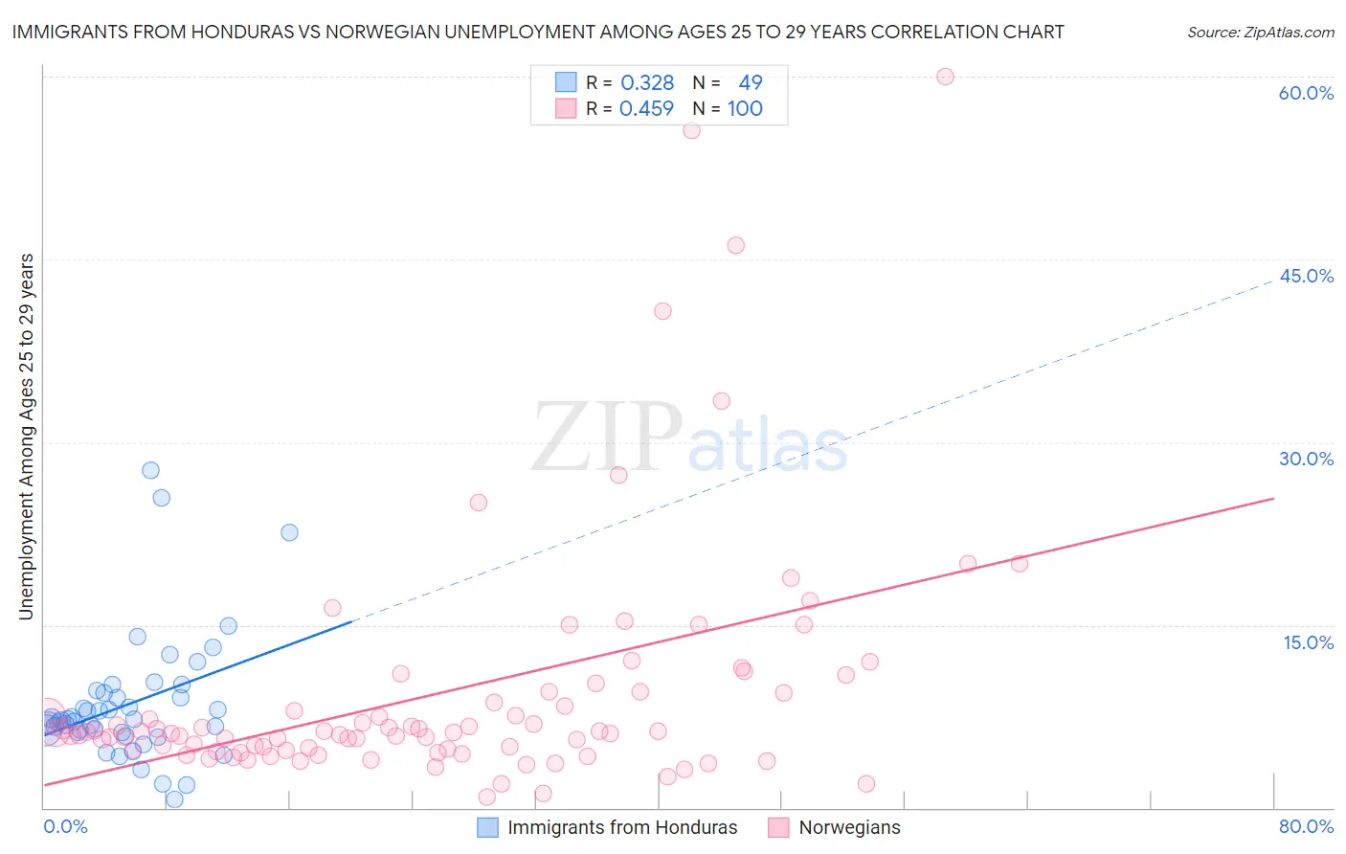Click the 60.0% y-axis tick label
1306,93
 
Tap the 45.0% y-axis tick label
1306,276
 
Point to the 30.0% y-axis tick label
1306,459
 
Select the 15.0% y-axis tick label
1308,642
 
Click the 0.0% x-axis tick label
65,826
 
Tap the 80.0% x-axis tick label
1306,826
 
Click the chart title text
538,32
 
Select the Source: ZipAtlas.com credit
1260,32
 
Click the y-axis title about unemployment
26,437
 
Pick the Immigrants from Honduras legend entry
608,827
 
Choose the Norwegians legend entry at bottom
835,827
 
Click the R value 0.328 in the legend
647,83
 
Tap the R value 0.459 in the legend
647,109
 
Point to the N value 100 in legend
745,109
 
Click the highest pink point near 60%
945,77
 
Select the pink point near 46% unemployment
735,245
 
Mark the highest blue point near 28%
150,470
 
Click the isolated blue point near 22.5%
289,532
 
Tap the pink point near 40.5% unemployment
662,311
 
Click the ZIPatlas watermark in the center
689,438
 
